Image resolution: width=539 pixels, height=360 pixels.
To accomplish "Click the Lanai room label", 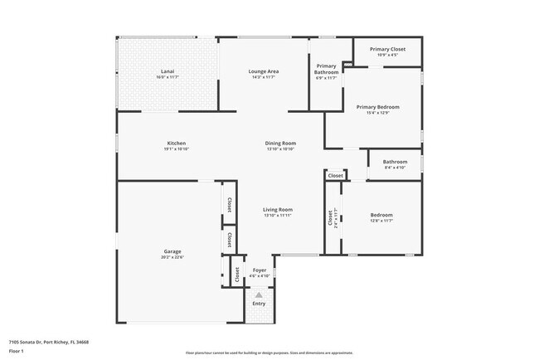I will click(x=167, y=71).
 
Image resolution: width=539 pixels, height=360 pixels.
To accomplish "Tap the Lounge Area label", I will click(x=264, y=71).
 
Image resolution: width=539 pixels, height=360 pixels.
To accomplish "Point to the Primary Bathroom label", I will click(x=326, y=68).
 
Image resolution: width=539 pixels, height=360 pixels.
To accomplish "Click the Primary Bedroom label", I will click(x=378, y=107).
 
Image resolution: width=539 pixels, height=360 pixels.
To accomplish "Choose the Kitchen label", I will click(x=176, y=143).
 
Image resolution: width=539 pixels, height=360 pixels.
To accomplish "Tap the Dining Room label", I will click(x=280, y=143).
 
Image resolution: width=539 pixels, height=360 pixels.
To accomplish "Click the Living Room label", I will click(x=279, y=209).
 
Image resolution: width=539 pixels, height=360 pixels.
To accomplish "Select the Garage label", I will click(x=172, y=251).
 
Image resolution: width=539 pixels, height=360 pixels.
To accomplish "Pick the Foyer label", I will click(x=260, y=270).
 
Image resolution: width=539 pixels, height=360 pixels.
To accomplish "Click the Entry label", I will click(x=260, y=304).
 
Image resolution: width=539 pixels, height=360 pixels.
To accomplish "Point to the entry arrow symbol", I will click(x=260, y=294).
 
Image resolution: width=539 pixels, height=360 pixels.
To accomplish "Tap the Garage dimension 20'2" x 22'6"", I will click(x=172, y=257).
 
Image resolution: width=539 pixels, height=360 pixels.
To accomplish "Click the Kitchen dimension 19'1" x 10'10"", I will click(x=176, y=149).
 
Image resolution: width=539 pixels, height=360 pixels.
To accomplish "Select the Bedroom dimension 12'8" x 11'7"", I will click(x=381, y=221).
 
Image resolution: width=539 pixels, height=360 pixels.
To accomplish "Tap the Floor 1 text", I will click(x=17, y=351).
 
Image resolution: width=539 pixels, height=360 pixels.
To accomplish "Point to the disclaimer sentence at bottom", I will click(x=269, y=352).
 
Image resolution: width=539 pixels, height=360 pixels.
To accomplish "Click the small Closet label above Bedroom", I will click(x=335, y=176).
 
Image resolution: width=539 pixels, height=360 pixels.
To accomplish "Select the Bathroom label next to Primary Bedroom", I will click(x=395, y=162).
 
